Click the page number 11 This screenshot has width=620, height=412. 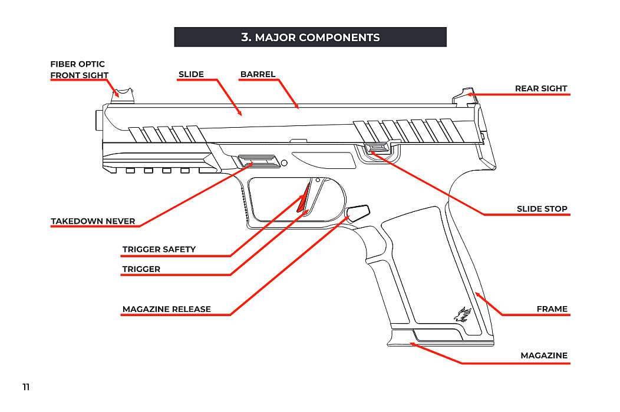(x=26, y=387)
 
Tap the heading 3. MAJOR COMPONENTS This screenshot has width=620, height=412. (x=310, y=37)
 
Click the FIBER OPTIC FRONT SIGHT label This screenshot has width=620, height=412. (x=79, y=69)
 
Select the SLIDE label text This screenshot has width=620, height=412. (x=191, y=74)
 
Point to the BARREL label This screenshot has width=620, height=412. (x=258, y=74)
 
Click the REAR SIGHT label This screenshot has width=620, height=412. (x=540, y=88)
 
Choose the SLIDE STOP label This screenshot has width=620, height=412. (x=542, y=209)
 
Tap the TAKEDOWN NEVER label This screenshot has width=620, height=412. (x=93, y=221)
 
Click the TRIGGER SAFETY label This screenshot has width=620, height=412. (x=159, y=250)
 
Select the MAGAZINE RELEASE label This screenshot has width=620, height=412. (x=166, y=309)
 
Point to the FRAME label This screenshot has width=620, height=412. (x=552, y=309)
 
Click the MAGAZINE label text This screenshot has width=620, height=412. (x=543, y=355)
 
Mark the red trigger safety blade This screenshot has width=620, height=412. (x=303, y=198)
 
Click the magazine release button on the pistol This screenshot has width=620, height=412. (x=358, y=212)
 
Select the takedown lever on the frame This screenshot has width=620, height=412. (x=258, y=161)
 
